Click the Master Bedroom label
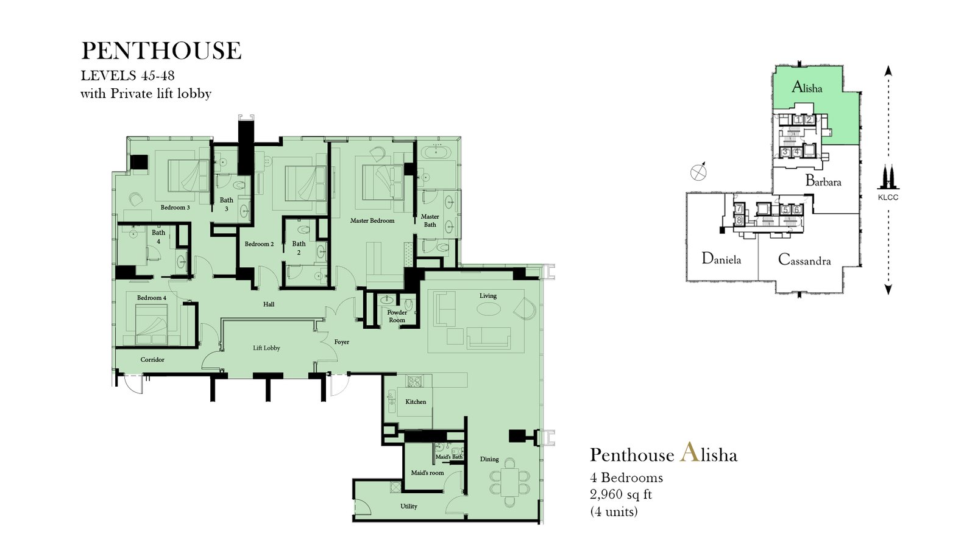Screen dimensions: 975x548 372,220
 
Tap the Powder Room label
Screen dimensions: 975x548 397,316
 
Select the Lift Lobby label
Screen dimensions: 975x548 266,348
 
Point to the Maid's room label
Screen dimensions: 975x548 427,472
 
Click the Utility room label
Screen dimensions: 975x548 409,506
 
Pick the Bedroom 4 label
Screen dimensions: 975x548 152,298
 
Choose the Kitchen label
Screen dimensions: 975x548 416,402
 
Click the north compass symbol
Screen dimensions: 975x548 698,172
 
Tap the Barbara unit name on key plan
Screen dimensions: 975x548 823,180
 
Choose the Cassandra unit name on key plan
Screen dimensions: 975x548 804,259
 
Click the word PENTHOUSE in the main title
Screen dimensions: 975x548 161,51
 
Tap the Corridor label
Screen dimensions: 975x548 152,360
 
